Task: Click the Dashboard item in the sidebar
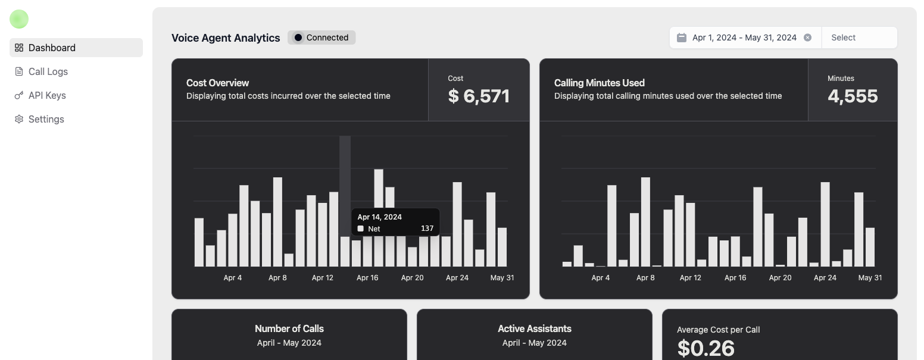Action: (x=52, y=48)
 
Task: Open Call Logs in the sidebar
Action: (x=48, y=71)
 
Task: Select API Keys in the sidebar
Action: (x=47, y=95)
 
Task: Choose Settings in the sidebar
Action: (x=46, y=119)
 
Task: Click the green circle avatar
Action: (x=19, y=19)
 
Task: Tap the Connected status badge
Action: (x=321, y=37)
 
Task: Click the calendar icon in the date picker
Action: (x=682, y=37)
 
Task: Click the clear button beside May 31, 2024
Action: (x=807, y=37)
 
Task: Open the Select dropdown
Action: (x=859, y=37)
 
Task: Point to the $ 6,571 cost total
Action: (x=479, y=96)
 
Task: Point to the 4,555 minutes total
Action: (x=853, y=96)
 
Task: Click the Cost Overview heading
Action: (x=217, y=83)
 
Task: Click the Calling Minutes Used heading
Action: (x=599, y=83)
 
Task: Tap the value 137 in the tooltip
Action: (x=427, y=228)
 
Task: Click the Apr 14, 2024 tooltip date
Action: (x=379, y=217)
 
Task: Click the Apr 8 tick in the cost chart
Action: (x=277, y=278)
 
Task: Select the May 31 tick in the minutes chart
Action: (x=869, y=278)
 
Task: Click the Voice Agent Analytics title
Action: (x=226, y=38)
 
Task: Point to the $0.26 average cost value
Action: (x=706, y=348)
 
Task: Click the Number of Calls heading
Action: (x=289, y=328)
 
